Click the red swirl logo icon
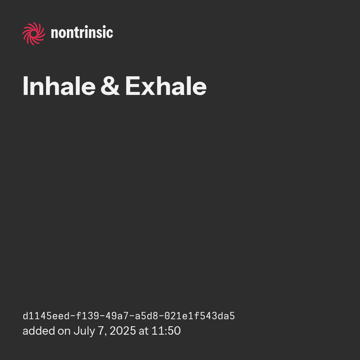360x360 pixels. [34, 34]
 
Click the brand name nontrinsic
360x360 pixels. [82, 32]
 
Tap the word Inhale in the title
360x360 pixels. [59, 86]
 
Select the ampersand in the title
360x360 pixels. [110, 86]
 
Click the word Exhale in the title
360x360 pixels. [166, 86]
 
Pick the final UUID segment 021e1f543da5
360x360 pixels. [200, 316]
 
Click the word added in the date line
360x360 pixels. [39, 331]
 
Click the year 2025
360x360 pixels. [123, 331]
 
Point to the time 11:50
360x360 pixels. [166, 331]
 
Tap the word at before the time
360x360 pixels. [143, 331]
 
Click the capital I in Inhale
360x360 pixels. [25, 86]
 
